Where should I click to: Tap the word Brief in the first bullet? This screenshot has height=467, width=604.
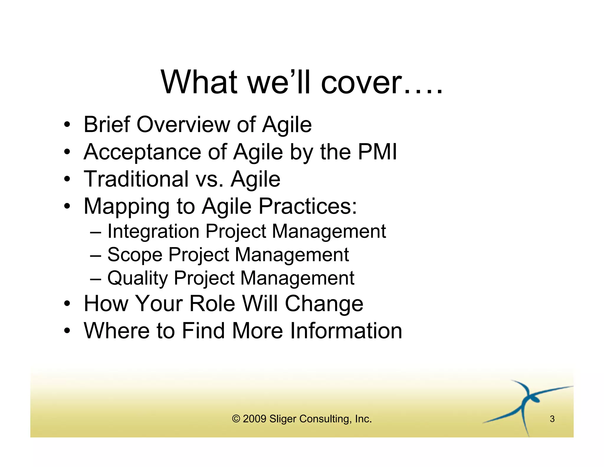click(107, 124)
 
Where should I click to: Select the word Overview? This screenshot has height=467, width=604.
click(183, 124)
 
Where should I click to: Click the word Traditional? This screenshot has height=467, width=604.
click(136, 179)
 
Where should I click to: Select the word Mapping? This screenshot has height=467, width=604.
click(126, 207)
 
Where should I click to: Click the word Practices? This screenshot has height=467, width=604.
click(308, 206)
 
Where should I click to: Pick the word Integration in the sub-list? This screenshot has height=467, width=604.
click(153, 231)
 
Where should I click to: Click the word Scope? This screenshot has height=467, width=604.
click(135, 255)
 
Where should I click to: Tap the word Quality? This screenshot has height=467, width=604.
click(137, 278)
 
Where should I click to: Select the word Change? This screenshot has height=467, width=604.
click(324, 304)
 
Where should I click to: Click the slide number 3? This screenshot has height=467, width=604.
click(552, 419)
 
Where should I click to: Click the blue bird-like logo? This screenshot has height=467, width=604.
click(526, 404)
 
